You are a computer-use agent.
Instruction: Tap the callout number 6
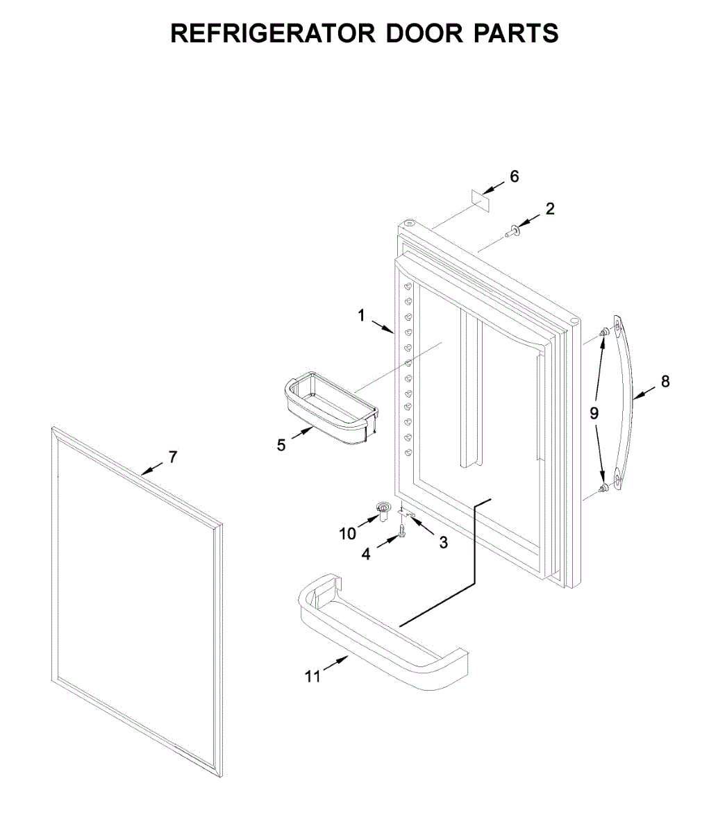pyautogui.click(x=514, y=176)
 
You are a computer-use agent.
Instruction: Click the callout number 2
pyautogui.click(x=550, y=208)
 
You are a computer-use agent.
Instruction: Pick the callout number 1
pyautogui.click(x=361, y=316)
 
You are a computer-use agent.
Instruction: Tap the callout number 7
pyautogui.click(x=173, y=457)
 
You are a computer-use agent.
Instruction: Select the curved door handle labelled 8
pyautogui.click(x=621, y=403)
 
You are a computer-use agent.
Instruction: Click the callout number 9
pyautogui.click(x=594, y=413)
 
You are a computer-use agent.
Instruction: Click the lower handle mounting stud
pyautogui.click(x=604, y=489)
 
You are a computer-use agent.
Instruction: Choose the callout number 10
pyautogui.click(x=347, y=533)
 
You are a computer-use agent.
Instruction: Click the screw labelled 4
pyautogui.click(x=401, y=532)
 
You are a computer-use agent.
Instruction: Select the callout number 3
pyautogui.click(x=443, y=542)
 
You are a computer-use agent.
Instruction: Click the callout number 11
pyautogui.click(x=313, y=675)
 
